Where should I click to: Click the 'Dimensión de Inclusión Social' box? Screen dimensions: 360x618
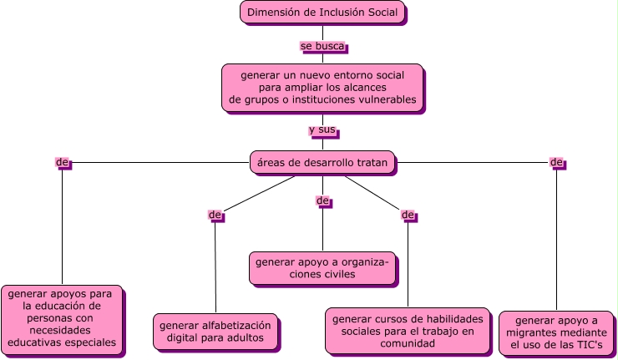(322, 13)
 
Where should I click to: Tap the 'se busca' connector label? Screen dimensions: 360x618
(322, 46)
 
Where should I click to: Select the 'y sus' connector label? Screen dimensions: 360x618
(322, 129)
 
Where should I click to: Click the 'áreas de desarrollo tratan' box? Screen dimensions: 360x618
(322, 162)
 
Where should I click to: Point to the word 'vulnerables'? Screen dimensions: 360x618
(385, 100)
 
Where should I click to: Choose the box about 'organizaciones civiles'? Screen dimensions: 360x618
(322, 268)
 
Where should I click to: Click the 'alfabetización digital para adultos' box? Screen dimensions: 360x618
(215, 332)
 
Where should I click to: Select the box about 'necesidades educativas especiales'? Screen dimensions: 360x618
(62, 320)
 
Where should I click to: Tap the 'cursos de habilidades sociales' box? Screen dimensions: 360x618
(408, 330)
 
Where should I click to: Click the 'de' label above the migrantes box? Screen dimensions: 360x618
(556, 161)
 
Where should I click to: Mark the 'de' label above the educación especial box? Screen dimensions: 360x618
(62, 161)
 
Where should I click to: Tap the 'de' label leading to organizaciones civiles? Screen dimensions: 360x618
(322, 200)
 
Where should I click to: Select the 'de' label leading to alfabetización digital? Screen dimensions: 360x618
(215, 215)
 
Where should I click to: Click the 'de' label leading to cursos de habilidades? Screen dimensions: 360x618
(408, 215)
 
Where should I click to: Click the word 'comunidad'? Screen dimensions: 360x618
(408, 343)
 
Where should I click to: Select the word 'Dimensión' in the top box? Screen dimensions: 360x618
(275, 13)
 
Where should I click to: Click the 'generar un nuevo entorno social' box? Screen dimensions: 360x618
(322, 88)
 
